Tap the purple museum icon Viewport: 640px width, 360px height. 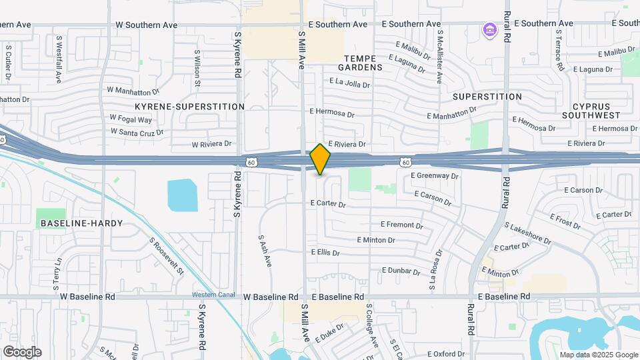(x=490, y=30)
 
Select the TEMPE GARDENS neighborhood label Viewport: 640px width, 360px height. (x=360, y=62)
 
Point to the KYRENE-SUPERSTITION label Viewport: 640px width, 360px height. (x=189, y=107)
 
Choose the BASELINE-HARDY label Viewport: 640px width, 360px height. (x=81, y=223)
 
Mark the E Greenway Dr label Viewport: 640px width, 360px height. (x=435, y=176)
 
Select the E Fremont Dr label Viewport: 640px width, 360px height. (x=406, y=225)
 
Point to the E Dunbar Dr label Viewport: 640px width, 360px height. (x=401, y=271)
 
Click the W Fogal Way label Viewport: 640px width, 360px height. (x=131, y=120)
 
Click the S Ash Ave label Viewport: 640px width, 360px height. (x=265, y=251)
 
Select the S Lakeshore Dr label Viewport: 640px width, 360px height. (x=528, y=233)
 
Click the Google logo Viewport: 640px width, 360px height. (x=22, y=352)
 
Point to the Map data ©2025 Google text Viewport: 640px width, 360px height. (x=598, y=355)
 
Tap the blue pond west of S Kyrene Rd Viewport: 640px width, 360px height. (x=183, y=195)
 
